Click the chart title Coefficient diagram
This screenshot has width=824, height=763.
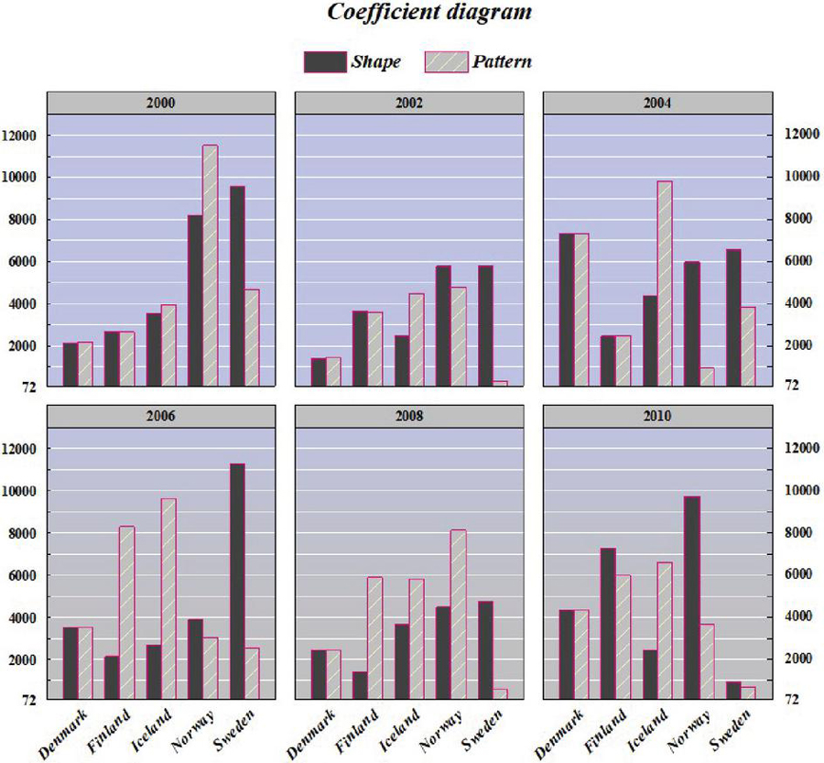click(429, 14)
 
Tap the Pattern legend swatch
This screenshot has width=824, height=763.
click(447, 62)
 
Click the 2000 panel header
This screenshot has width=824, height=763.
click(160, 103)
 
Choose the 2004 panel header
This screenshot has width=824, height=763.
click(656, 103)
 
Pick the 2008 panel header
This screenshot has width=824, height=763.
click(408, 416)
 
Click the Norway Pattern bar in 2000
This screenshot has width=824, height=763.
click(210, 266)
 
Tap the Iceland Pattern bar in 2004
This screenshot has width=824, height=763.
click(664, 284)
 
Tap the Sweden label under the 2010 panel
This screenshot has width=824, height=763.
click(728, 729)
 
